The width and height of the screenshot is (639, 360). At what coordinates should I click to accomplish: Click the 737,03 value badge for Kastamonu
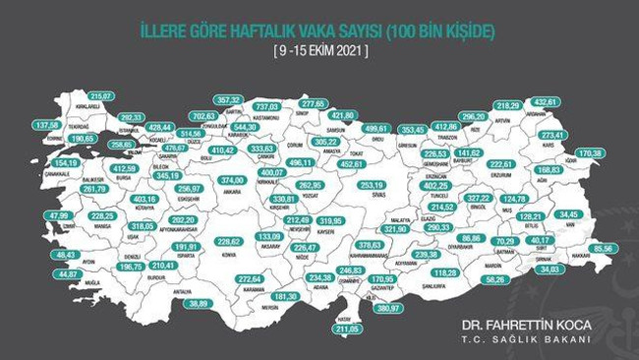pos(268,105)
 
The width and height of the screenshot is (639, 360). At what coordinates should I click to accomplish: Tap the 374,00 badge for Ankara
pos(231,181)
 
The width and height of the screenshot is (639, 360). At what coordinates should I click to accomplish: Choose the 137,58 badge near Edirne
pos(46,126)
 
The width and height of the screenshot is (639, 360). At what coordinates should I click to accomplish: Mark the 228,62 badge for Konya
pos(229,241)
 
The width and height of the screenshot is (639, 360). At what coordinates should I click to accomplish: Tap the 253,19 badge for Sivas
pos(373,184)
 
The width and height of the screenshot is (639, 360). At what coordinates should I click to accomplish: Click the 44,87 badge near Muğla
pos(67,274)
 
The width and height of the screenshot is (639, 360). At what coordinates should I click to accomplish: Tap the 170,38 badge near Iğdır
pos(591,153)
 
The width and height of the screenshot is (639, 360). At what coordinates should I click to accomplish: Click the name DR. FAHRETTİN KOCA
pos(525,323)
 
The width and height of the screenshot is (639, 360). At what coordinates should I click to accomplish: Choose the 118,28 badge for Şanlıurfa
pos(445,272)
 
